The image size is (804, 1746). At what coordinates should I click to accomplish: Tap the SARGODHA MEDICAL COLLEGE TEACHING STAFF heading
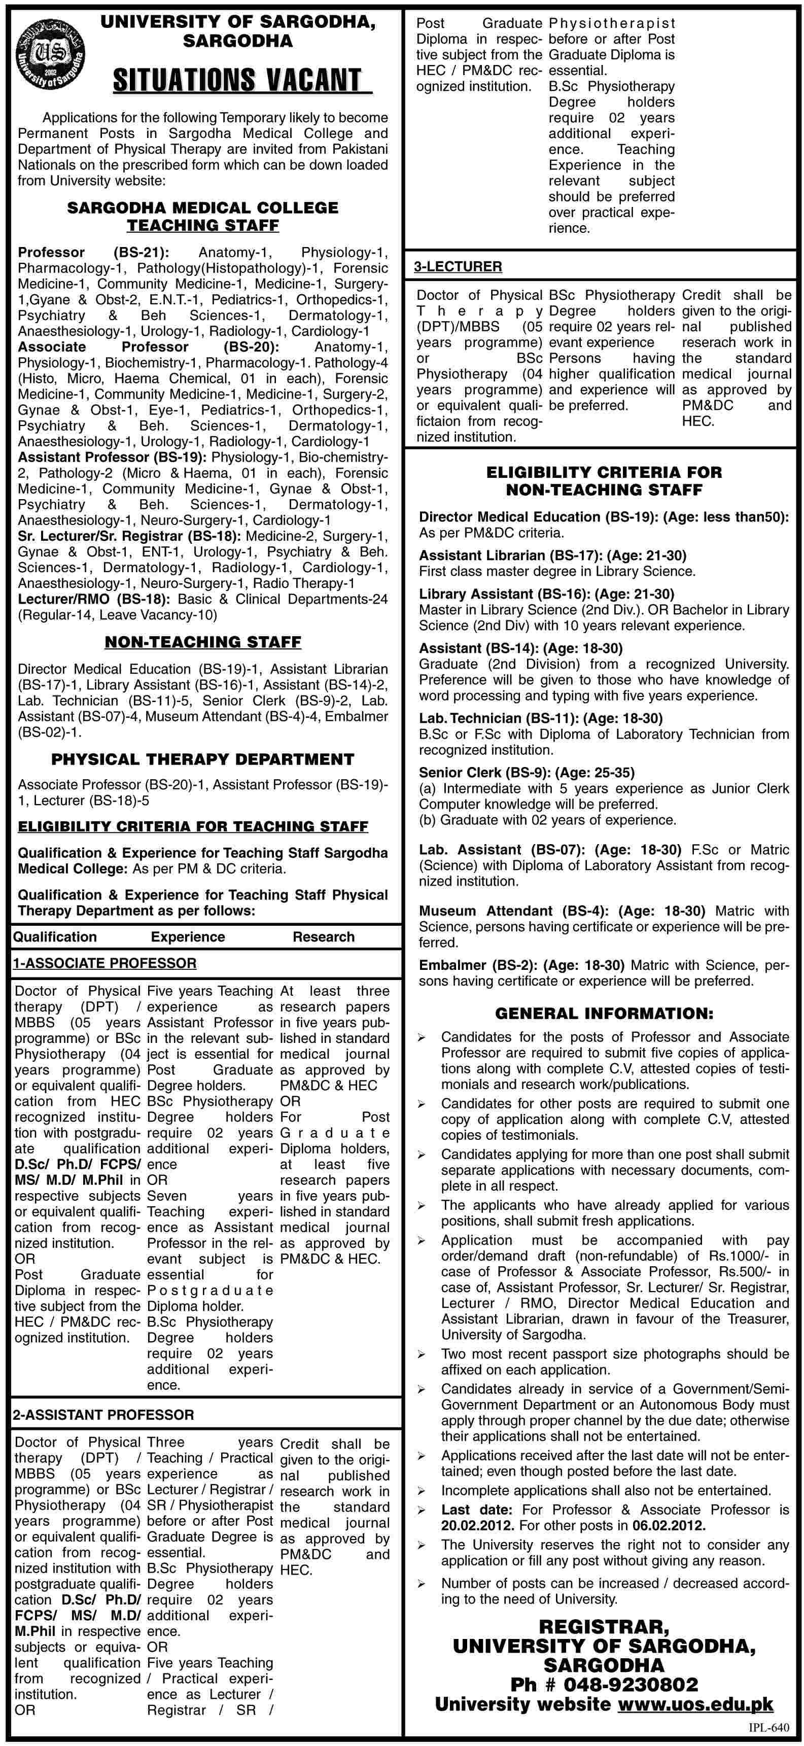[x=203, y=216]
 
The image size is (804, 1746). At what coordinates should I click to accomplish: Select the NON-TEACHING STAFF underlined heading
[x=203, y=641]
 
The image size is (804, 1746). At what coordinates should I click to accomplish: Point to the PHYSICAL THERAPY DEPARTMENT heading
[x=203, y=759]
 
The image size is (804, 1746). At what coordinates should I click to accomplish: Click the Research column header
[x=323, y=937]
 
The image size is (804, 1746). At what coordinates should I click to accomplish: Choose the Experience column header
[x=188, y=937]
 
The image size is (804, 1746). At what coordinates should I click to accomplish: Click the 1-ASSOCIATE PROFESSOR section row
[x=104, y=963]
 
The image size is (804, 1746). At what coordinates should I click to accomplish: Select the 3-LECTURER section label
[x=458, y=266]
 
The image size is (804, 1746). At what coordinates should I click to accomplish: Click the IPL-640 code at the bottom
[x=769, y=1728]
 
